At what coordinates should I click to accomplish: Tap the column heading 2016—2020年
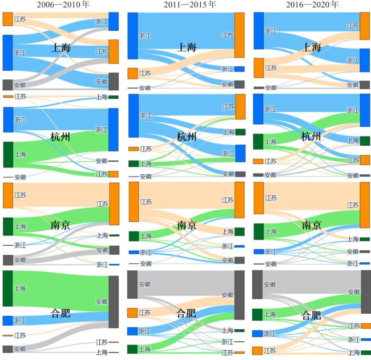[x=311, y=5]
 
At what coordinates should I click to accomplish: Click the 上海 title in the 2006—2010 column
[x=61, y=48]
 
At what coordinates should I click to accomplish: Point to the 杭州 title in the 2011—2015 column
[x=186, y=137]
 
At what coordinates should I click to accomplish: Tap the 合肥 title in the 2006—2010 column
[x=61, y=313]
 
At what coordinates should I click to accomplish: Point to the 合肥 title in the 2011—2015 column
[x=186, y=313]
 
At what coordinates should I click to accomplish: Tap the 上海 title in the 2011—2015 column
[x=187, y=47]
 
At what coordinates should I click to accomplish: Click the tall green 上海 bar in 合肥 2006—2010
[x=7, y=289]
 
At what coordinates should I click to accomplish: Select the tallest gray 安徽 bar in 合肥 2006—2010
[x=114, y=301]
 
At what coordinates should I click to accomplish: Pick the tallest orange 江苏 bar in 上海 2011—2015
[x=239, y=35]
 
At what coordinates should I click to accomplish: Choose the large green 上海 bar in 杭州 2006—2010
[x=7, y=154]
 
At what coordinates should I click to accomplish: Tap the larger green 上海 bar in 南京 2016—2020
[x=259, y=231]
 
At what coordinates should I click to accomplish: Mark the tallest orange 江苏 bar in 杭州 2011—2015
[x=240, y=106]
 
